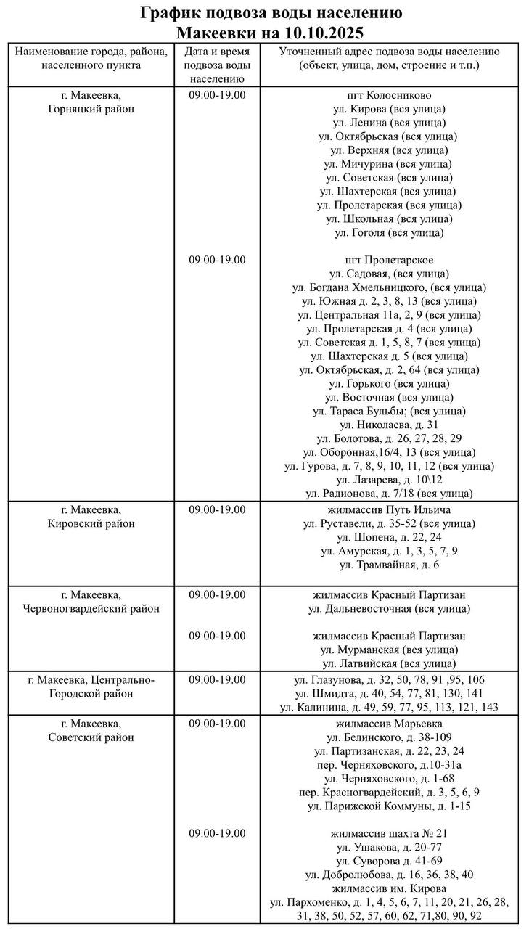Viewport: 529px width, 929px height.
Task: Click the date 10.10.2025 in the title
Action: (x=321, y=33)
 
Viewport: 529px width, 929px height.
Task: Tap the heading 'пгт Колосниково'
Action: (x=389, y=96)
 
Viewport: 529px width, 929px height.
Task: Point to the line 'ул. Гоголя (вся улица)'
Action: (x=389, y=233)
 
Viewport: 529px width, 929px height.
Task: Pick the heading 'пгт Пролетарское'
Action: (x=389, y=261)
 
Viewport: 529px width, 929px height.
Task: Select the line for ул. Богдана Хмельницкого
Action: (x=389, y=288)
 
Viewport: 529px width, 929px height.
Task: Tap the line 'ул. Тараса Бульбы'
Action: (x=389, y=412)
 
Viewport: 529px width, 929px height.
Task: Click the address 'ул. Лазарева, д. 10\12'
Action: (x=389, y=480)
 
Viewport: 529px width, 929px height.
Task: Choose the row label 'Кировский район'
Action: (x=91, y=523)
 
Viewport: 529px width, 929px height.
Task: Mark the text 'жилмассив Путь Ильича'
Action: (x=389, y=509)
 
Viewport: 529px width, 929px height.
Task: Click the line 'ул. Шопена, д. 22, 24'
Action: (x=389, y=537)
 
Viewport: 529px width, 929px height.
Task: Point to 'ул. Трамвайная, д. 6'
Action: (x=389, y=565)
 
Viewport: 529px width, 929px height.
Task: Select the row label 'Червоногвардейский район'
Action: (x=91, y=609)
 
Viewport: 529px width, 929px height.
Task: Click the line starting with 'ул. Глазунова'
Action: (x=389, y=680)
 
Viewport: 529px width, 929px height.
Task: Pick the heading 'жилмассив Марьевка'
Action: (x=389, y=724)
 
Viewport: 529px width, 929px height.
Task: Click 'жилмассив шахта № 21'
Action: (x=389, y=833)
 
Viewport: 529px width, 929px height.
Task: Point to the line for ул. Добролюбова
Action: (x=389, y=875)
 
